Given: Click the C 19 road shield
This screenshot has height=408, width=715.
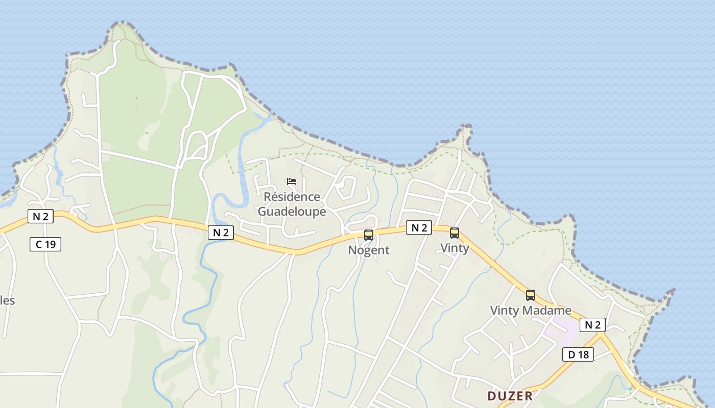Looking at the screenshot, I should [45, 244].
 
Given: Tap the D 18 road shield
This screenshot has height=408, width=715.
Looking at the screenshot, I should [578, 354].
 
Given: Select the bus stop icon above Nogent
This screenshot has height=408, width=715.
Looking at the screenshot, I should [368, 235].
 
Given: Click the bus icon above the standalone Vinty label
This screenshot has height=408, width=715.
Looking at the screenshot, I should [454, 233].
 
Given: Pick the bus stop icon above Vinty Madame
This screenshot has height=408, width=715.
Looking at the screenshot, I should [531, 295].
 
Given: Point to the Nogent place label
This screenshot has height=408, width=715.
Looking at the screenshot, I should [368, 250].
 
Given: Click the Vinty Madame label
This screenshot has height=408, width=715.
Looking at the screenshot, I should [531, 310].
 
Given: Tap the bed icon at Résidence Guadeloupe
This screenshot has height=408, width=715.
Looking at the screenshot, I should [292, 181].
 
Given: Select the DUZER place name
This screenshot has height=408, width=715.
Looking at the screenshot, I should [510, 396].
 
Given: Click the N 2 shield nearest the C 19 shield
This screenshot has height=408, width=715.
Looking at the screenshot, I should [40, 216].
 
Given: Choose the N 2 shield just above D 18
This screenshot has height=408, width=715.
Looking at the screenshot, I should [592, 324].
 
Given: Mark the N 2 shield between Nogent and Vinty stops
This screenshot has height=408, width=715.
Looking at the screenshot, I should [419, 228].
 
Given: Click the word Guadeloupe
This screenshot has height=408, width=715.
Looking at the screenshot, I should [292, 211].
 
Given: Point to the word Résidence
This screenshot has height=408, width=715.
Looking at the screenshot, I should [292, 197].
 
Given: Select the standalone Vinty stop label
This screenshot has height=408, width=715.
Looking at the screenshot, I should [454, 248].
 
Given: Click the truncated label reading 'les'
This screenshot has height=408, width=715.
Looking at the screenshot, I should [7, 300].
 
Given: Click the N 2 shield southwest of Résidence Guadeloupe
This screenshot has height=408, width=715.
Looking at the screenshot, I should [221, 233].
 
